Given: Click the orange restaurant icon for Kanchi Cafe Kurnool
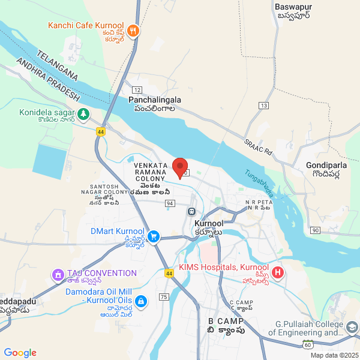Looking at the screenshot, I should pos(133,30).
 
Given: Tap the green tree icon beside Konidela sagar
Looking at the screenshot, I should pos(83,113).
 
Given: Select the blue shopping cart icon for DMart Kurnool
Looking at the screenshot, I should pos(154,236).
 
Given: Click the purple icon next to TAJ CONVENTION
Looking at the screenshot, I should pos(59,275).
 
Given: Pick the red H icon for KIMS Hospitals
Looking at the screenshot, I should pos(277,273).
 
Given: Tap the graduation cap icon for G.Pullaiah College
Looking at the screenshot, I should pos(352,327).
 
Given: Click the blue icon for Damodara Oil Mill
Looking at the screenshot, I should pos(141,301).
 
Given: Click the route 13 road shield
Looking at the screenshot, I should pos(263,106).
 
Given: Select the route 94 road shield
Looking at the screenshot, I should pos(170,203).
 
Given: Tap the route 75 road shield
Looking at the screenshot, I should pos(164,297).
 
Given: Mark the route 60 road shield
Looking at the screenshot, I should pos(308,344).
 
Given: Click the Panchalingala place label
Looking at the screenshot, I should pos(155,101).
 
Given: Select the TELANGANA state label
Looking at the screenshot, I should pos(57,65).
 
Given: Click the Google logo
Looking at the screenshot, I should pos(20,353).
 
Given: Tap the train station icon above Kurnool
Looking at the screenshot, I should pos(191,211).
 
